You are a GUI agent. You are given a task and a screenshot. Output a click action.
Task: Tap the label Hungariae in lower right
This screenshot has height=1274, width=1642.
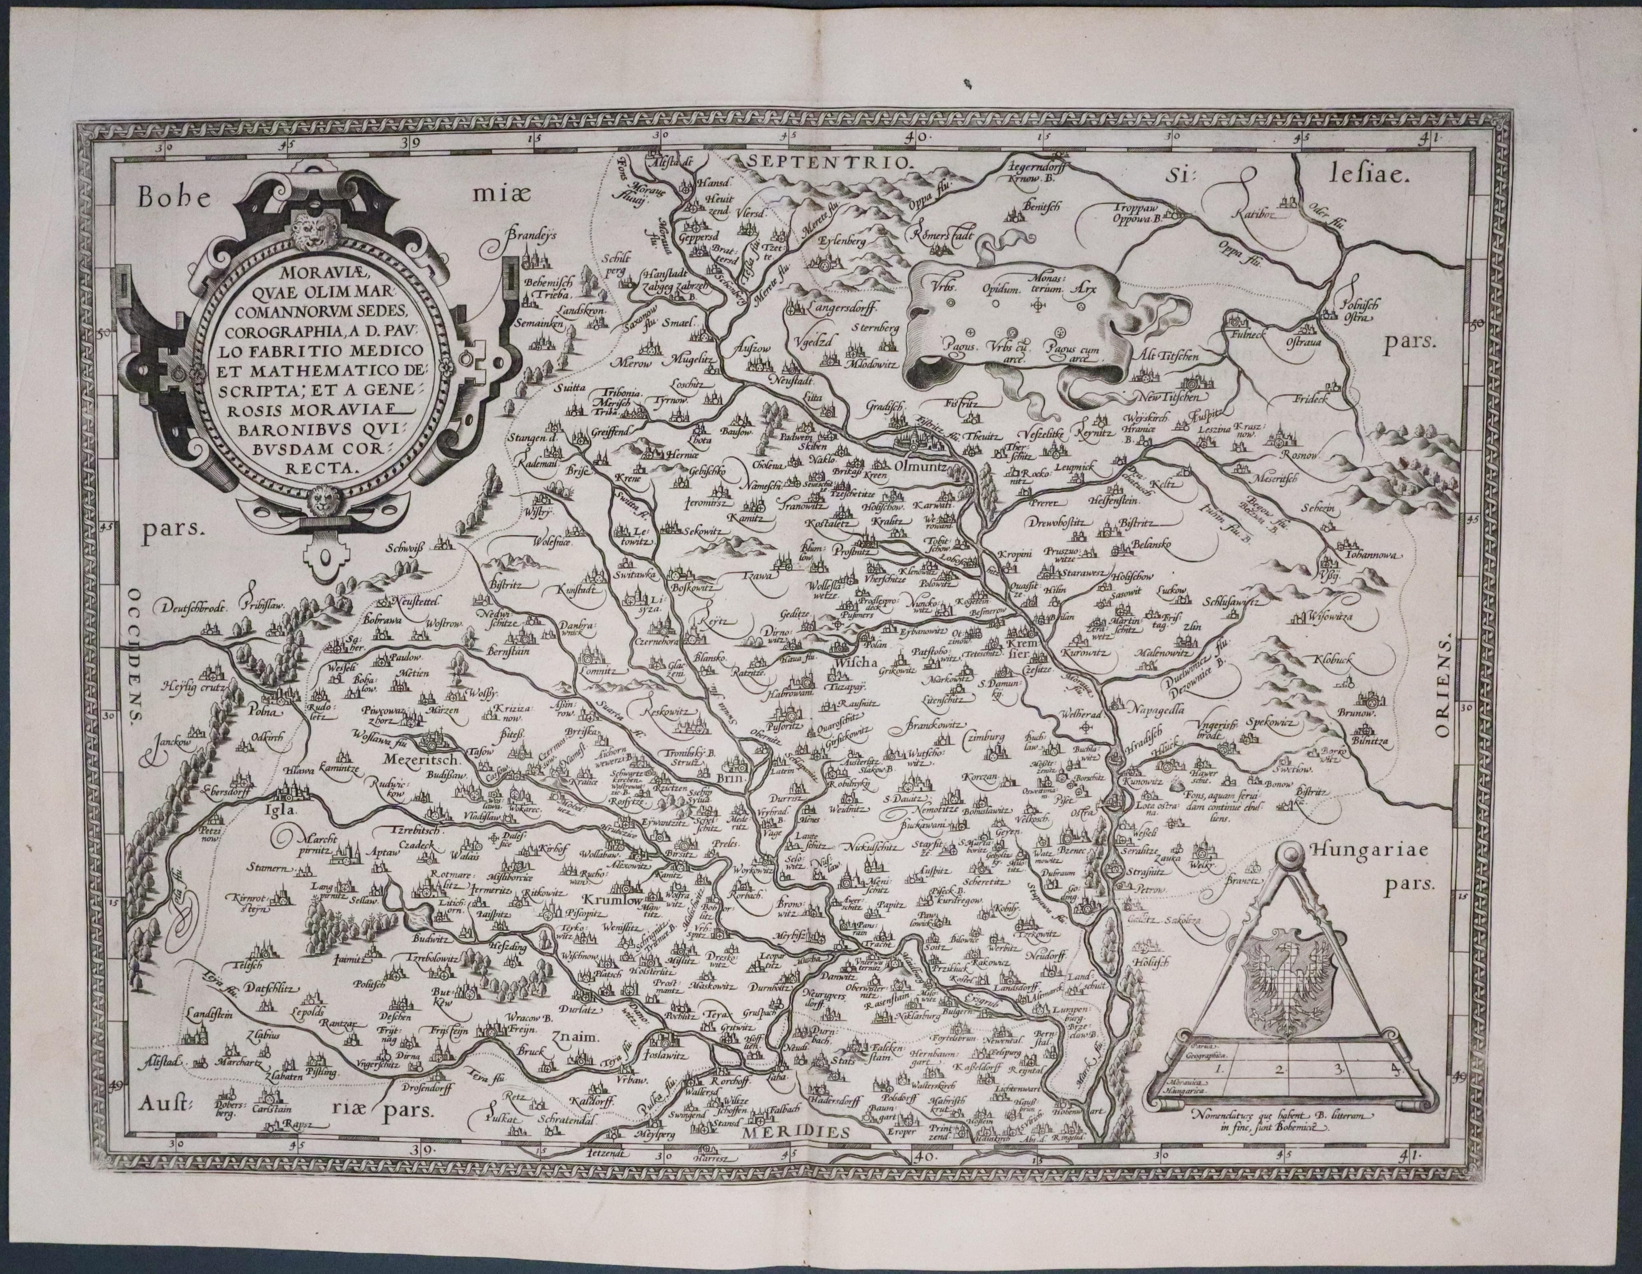pos(1366,851)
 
